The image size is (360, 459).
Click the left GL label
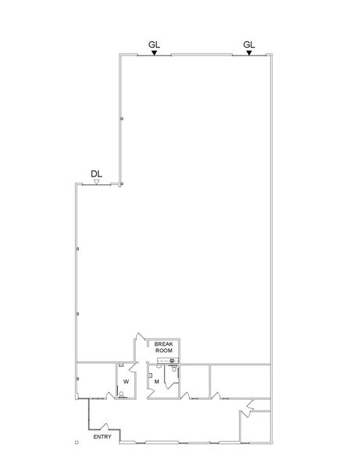coord(155,44)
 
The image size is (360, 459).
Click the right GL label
coord(249,44)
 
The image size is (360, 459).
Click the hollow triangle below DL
coord(96,182)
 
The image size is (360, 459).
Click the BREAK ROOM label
coord(163,347)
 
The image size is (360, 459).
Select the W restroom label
coord(125,381)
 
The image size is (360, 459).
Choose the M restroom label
coord(157,381)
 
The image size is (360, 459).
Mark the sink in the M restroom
coord(150,372)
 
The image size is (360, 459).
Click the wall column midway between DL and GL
coord(121,119)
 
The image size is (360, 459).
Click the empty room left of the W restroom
coord(95,380)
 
